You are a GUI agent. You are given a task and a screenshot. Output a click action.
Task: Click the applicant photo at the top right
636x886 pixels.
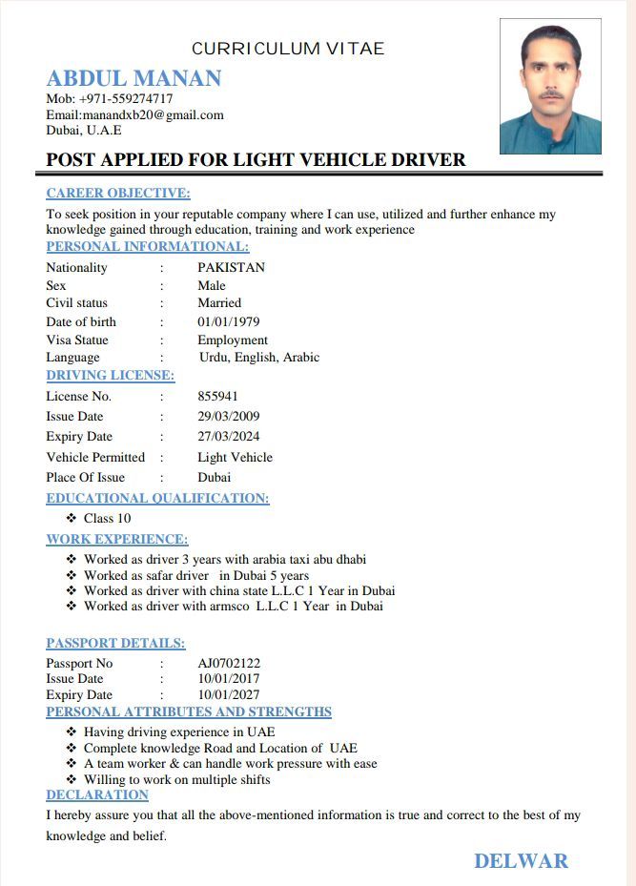pyautogui.click(x=550, y=87)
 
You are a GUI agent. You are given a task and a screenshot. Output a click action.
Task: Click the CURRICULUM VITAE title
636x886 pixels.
pyautogui.click(x=288, y=49)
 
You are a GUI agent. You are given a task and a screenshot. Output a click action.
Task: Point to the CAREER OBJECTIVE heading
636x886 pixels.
pyautogui.click(x=118, y=194)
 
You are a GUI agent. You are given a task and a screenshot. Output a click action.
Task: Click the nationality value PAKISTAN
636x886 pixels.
pyautogui.click(x=231, y=267)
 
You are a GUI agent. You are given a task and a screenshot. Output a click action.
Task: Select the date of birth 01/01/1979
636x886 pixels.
pyautogui.click(x=229, y=321)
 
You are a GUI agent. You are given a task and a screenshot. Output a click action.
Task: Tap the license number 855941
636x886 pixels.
pyautogui.click(x=217, y=396)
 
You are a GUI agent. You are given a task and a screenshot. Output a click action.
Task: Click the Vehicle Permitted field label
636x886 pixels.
pyautogui.click(x=95, y=457)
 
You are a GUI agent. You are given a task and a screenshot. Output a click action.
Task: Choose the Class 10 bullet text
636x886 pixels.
pyautogui.click(x=107, y=519)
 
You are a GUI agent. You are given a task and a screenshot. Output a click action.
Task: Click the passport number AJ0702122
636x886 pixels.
pyautogui.click(x=229, y=663)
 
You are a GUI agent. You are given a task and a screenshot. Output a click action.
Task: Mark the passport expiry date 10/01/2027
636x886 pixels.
pyautogui.click(x=229, y=695)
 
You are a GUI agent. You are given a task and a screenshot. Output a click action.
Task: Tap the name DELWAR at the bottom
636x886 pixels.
pyautogui.click(x=521, y=861)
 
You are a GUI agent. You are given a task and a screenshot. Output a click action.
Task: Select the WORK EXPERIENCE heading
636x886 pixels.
pyautogui.click(x=117, y=540)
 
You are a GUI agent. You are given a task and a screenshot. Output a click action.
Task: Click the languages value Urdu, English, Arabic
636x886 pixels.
pyautogui.click(x=259, y=358)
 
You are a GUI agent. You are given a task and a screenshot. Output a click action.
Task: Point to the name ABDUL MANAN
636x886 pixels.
pyautogui.click(x=133, y=78)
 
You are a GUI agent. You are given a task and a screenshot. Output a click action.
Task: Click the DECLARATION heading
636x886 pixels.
pyautogui.click(x=97, y=794)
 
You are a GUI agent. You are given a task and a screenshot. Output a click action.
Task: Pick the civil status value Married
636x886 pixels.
pyautogui.click(x=219, y=303)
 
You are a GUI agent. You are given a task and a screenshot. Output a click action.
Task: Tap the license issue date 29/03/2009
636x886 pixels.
pyautogui.click(x=229, y=416)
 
